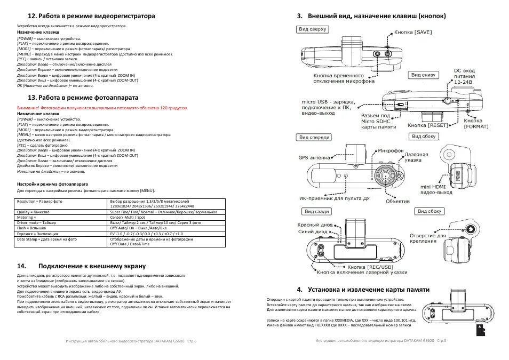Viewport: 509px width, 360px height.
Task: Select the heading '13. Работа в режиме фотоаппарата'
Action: (83, 98)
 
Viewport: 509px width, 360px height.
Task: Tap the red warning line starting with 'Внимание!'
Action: (102, 108)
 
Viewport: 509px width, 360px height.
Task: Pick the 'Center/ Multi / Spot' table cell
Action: (126, 218)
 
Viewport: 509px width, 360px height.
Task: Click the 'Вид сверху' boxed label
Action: (313, 29)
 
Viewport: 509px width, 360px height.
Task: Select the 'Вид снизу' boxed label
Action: (424, 75)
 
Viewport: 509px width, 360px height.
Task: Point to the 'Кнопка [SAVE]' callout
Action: (413, 33)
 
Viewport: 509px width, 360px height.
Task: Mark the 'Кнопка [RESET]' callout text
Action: (427, 125)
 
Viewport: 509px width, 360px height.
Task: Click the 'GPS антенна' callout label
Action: (314, 157)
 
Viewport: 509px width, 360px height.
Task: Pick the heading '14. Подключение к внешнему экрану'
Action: (92, 266)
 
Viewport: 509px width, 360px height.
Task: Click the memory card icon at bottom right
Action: (480, 330)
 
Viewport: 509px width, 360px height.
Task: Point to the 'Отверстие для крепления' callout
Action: (427, 238)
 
